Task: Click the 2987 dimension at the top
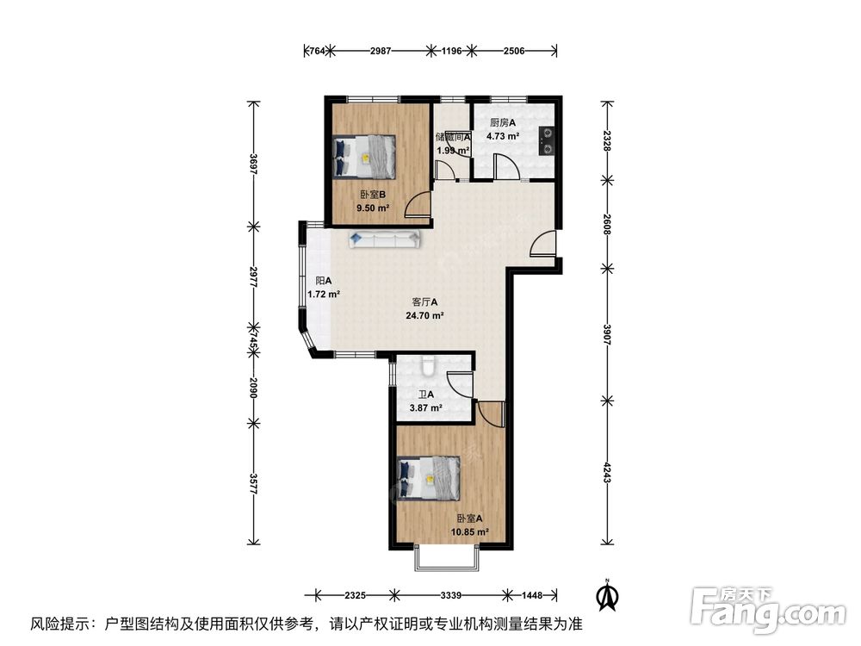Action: point(381,51)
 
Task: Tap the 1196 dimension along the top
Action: point(452,51)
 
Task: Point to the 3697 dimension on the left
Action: point(253,164)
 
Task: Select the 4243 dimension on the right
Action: point(607,472)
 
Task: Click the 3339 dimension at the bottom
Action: point(451,595)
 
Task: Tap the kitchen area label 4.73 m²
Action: point(503,136)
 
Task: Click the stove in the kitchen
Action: point(548,141)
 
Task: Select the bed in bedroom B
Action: point(364,156)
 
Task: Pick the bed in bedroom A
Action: point(428,478)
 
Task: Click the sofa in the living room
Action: point(384,239)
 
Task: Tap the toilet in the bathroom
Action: point(428,365)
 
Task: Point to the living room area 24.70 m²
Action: point(424,315)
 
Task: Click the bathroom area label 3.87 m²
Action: point(426,407)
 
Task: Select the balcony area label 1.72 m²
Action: point(324,294)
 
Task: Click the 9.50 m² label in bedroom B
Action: point(373,208)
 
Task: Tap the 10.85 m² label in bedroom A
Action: point(469,531)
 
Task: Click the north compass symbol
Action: point(607,595)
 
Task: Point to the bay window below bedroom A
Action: point(446,558)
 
